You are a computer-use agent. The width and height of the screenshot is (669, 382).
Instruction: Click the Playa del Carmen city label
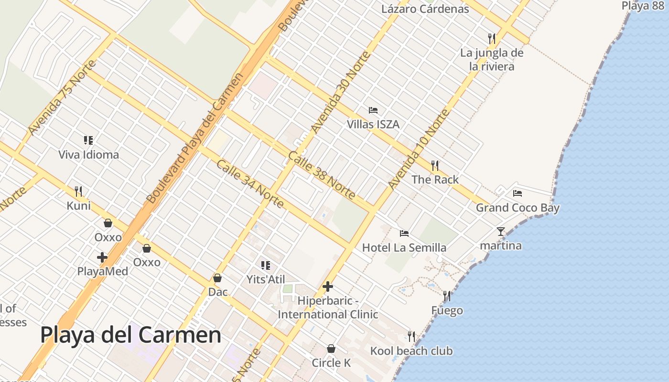pyautogui.click(x=130, y=335)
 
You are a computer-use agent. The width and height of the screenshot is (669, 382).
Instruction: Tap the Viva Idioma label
pyautogui.click(x=88, y=155)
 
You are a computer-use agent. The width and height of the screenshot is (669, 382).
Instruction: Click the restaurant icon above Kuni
pyautogui.click(x=78, y=191)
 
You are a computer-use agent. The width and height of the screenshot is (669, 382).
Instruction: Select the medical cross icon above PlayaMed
pyautogui.click(x=102, y=257)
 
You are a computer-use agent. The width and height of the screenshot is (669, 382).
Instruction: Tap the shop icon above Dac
pyautogui.click(x=217, y=278)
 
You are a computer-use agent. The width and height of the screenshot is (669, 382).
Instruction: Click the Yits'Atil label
pyautogui.click(x=266, y=279)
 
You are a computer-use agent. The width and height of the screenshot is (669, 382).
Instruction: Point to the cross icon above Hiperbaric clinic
pyautogui.click(x=328, y=286)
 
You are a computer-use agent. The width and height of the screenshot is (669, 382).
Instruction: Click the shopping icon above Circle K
pyautogui.click(x=331, y=349)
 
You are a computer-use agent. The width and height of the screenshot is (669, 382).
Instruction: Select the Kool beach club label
pyautogui.click(x=411, y=351)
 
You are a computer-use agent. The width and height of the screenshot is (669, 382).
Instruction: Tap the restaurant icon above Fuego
pyautogui.click(x=447, y=296)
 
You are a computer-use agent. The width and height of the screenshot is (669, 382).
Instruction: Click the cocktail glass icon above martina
pyautogui.click(x=500, y=232)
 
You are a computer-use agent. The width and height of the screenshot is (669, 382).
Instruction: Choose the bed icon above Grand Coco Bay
pyautogui.click(x=518, y=193)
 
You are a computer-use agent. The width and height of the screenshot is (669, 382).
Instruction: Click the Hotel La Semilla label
pyautogui.click(x=404, y=247)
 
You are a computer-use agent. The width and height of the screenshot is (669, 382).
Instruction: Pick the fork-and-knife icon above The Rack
pyautogui.click(x=435, y=166)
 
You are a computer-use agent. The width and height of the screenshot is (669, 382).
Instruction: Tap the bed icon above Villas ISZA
pyautogui.click(x=373, y=110)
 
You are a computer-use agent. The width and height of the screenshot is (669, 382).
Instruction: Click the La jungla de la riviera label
pyautogui.click(x=492, y=59)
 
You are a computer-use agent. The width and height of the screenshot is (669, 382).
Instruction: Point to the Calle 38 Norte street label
pyautogui.click(x=322, y=175)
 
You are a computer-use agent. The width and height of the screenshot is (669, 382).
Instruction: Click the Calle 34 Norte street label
pyautogui.click(x=250, y=184)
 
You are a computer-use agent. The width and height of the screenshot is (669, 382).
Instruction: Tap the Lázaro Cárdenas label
pyautogui.click(x=425, y=9)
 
